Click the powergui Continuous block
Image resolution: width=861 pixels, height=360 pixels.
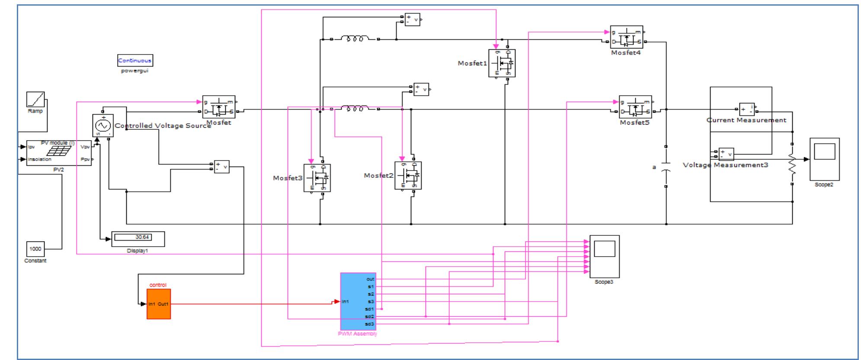pos(135,61)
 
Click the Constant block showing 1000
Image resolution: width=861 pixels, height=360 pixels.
pos(35,249)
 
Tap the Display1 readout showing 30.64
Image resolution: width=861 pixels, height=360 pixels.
pos(138,238)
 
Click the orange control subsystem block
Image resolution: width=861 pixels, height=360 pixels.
pos(158,304)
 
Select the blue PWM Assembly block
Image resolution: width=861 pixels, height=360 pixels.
pos(358,301)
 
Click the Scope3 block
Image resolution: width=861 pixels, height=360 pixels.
pos(604,257)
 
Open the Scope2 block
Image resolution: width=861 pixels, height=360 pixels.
pos(824,159)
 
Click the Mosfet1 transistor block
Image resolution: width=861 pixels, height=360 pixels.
pos(502,63)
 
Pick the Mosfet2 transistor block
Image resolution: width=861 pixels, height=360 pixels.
pos(408,176)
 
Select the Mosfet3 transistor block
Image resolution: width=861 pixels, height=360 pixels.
pos(317,178)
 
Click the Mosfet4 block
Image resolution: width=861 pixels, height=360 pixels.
pos(626,37)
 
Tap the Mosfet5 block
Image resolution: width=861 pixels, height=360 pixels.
pos(635,107)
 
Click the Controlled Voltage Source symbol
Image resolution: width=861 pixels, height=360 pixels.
pos(103,125)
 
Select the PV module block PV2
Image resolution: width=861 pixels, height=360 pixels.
pos(58,153)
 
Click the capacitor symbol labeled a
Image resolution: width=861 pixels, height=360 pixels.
pos(666,167)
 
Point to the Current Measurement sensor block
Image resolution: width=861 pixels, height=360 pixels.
pos(746,109)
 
